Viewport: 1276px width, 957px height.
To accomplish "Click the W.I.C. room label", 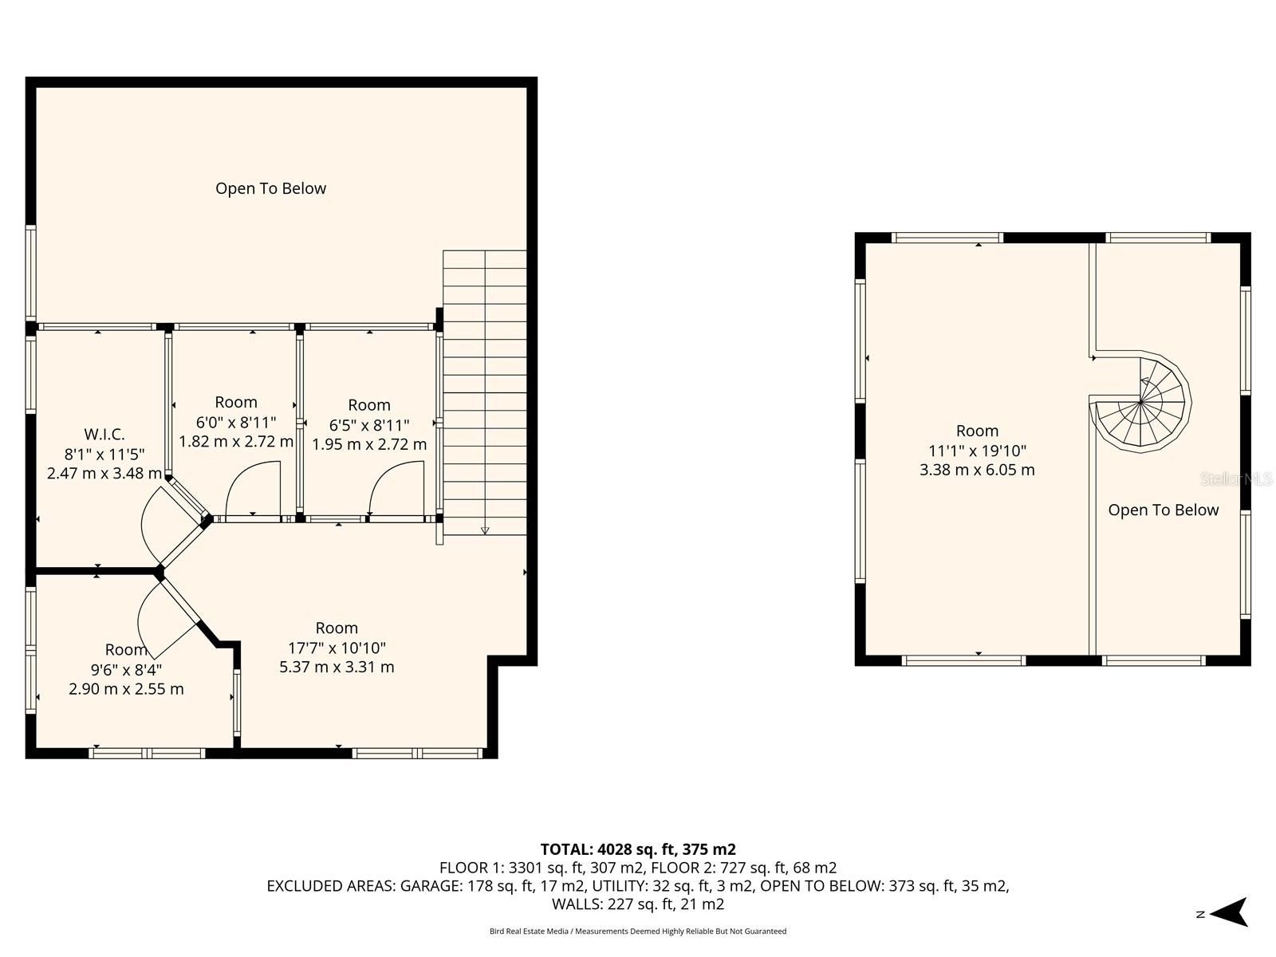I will (x=104, y=435).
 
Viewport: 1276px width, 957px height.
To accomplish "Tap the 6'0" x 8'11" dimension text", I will (x=236, y=422).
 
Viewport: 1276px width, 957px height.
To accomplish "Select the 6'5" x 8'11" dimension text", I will (x=369, y=425).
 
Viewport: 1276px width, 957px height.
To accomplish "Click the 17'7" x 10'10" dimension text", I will (x=337, y=648).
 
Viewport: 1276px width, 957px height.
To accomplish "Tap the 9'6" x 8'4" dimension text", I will (x=126, y=670).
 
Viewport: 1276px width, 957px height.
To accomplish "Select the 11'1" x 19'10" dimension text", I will (x=977, y=451).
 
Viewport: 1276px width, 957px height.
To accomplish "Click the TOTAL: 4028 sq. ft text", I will (x=637, y=849).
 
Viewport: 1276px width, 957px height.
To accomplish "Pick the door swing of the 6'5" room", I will (x=396, y=488).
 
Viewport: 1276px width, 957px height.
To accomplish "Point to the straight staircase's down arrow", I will (x=485, y=530).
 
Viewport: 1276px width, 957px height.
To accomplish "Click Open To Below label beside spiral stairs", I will (x=1163, y=510).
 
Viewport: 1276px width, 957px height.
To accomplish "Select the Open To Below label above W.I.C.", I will (x=270, y=189).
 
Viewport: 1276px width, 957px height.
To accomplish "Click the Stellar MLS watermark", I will (x=1236, y=479).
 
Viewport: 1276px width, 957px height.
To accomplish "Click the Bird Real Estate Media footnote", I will (x=637, y=931).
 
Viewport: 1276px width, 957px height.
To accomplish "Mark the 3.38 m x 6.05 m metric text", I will (x=977, y=471).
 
